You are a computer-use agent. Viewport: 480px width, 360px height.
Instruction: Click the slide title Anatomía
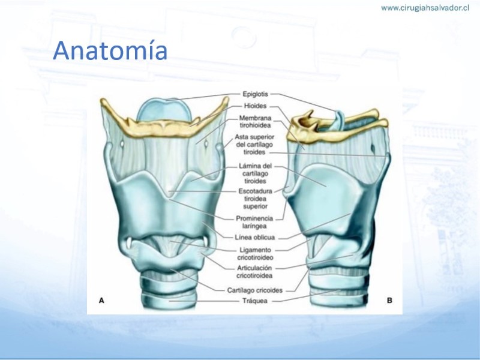click(x=110, y=50)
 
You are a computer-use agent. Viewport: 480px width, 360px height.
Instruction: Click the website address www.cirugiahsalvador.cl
click(x=425, y=8)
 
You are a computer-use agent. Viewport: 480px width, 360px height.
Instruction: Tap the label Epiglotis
click(x=255, y=94)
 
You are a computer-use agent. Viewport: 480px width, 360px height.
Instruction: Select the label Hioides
click(x=255, y=106)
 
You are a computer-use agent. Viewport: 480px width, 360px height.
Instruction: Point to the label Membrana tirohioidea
click(x=255, y=122)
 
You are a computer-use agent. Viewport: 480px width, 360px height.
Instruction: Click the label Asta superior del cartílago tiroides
click(x=254, y=145)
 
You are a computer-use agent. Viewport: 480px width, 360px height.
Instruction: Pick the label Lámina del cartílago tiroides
click(x=255, y=173)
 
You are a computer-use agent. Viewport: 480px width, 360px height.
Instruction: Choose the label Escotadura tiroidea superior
click(x=255, y=199)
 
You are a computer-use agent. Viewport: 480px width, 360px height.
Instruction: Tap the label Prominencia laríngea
click(x=254, y=222)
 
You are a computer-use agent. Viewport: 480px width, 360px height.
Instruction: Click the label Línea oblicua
click(x=254, y=237)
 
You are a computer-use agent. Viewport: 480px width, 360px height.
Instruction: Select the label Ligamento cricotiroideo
click(x=255, y=254)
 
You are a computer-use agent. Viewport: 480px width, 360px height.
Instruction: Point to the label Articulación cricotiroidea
click(x=254, y=272)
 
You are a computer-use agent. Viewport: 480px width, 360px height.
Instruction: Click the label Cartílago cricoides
click(x=254, y=290)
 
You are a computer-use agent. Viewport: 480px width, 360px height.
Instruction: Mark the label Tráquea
click(x=254, y=301)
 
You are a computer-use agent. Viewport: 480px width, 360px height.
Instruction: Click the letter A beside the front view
click(x=101, y=301)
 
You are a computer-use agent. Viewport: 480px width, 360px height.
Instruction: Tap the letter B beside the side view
click(x=389, y=301)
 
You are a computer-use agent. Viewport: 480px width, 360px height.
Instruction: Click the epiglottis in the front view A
click(x=164, y=110)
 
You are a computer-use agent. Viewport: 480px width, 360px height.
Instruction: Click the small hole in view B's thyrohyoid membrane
click(x=373, y=149)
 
